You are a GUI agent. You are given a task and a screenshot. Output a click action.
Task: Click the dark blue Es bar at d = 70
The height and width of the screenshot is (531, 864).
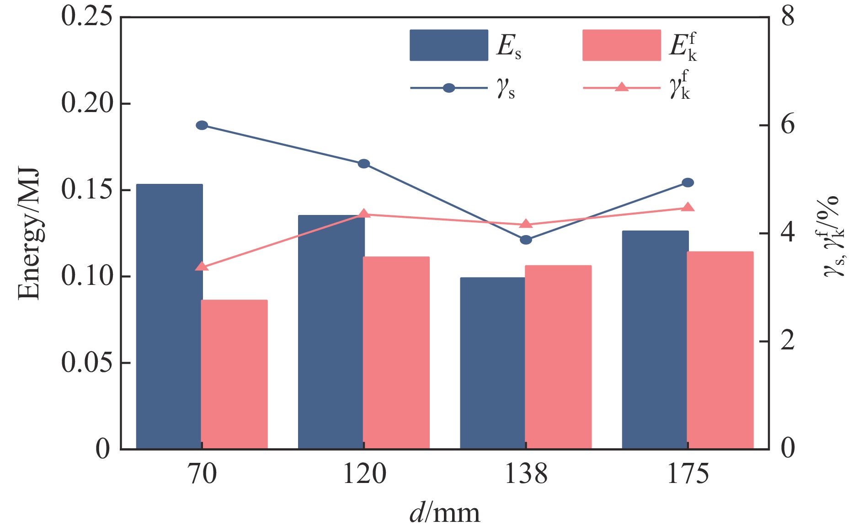[169, 316]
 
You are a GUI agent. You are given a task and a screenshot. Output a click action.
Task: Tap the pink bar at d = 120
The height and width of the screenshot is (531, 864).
[396, 352]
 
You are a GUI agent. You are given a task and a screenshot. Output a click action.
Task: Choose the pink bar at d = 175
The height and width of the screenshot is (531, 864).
[720, 350]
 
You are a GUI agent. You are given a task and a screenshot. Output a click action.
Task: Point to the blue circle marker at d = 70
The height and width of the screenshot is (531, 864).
[202, 125]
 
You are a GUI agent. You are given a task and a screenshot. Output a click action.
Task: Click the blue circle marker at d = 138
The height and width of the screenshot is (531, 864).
[526, 240]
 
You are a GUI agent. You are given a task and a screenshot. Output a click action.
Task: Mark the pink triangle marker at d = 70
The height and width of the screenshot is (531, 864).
[202, 266]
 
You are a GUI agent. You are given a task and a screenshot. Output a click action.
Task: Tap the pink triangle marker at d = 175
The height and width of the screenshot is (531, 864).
[688, 207]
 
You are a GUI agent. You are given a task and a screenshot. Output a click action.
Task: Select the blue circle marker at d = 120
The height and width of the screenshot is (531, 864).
[364, 164]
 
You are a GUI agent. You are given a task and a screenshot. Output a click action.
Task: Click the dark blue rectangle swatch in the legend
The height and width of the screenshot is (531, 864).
[448, 45]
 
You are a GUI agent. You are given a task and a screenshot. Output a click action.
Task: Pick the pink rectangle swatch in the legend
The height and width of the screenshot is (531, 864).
[621, 45]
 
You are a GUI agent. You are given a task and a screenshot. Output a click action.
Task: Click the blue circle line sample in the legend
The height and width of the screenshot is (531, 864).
[449, 88]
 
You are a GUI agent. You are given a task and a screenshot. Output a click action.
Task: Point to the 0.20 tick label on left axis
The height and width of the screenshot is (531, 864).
[87, 103]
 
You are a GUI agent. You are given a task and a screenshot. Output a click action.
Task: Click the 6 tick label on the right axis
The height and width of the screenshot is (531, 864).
[788, 125]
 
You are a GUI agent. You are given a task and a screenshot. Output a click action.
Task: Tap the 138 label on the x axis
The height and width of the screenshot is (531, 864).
[526, 474]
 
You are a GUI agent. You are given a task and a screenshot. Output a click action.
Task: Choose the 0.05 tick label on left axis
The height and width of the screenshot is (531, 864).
[87, 363]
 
